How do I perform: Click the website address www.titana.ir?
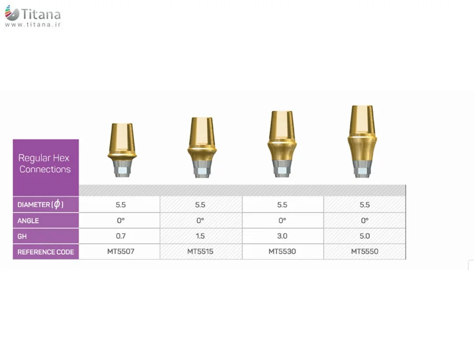coord(33,25)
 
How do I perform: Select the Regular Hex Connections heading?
coord(44,163)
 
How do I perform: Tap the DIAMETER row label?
coord(41,204)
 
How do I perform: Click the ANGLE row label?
coord(28,221)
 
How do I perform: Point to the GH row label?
coord(22,236)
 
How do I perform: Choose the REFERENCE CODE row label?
coord(46,252)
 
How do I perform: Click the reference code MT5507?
coord(120,251)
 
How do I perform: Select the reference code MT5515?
coord(200,251)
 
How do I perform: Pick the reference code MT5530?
coord(282,251)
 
